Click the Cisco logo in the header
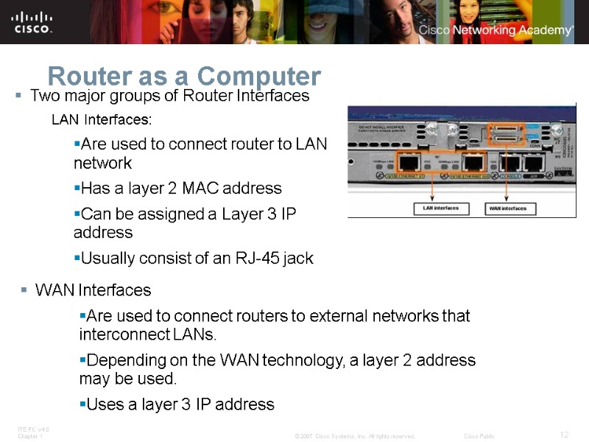(x=32, y=21)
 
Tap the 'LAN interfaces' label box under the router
(x=441, y=208)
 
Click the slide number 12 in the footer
(x=565, y=435)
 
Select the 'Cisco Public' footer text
(x=479, y=436)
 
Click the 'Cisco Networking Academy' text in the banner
(x=495, y=30)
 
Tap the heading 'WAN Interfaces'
(x=93, y=290)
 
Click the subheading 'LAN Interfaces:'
(x=102, y=119)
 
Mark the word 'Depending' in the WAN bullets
(x=121, y=360)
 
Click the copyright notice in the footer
(x=355, y=436)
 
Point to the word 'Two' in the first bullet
(x=43, y=96)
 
